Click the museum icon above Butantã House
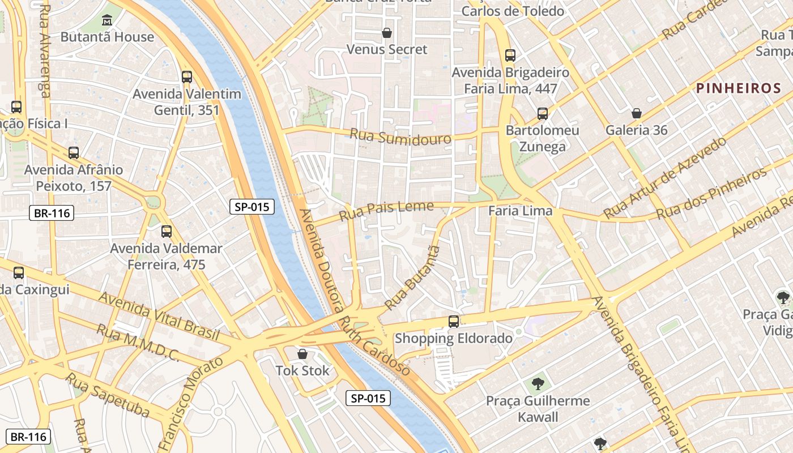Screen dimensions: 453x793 click(106, 22)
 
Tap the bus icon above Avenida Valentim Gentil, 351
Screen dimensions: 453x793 click(187, 77)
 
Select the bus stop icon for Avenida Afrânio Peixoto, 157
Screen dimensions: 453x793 click(74, 152)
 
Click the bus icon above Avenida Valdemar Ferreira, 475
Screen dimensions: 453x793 click(166, 231)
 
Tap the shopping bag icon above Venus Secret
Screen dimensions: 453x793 click(387, 33)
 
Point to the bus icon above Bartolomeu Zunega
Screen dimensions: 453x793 click(543, 114)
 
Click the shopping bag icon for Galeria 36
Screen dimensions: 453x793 click(637, 113)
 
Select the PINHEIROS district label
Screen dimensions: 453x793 click(738, 88)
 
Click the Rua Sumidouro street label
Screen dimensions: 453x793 click(400, 137)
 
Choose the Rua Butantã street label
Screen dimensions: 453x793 click(412, 279)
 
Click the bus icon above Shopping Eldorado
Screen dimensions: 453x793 click(453, 322)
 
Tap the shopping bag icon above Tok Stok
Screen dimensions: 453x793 click(302, 354)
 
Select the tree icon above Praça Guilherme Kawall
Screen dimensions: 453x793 click(537, 384)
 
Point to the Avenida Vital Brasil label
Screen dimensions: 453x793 click(159, 316)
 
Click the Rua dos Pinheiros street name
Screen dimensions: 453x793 click(711, 194)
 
